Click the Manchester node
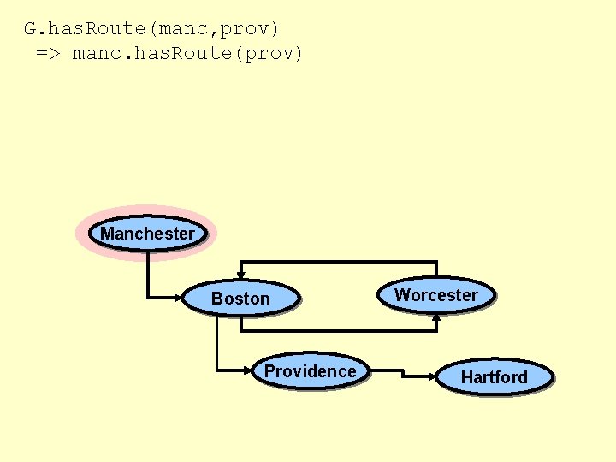(x=147, y=233)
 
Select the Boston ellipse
(x=240, y=299)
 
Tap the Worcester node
(x=436, y=295)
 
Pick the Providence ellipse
(x=310, y=371)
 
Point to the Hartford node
(x=494, y=376)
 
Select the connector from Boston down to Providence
(x=217, y=342)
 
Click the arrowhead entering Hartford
(x=432, y=375)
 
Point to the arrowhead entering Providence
(x=249, y=370)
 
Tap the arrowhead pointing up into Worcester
(x=436, y=317)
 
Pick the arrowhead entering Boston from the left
(x=180, y=298)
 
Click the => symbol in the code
(x=47, y=54)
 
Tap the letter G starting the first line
(x=29, y=28)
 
